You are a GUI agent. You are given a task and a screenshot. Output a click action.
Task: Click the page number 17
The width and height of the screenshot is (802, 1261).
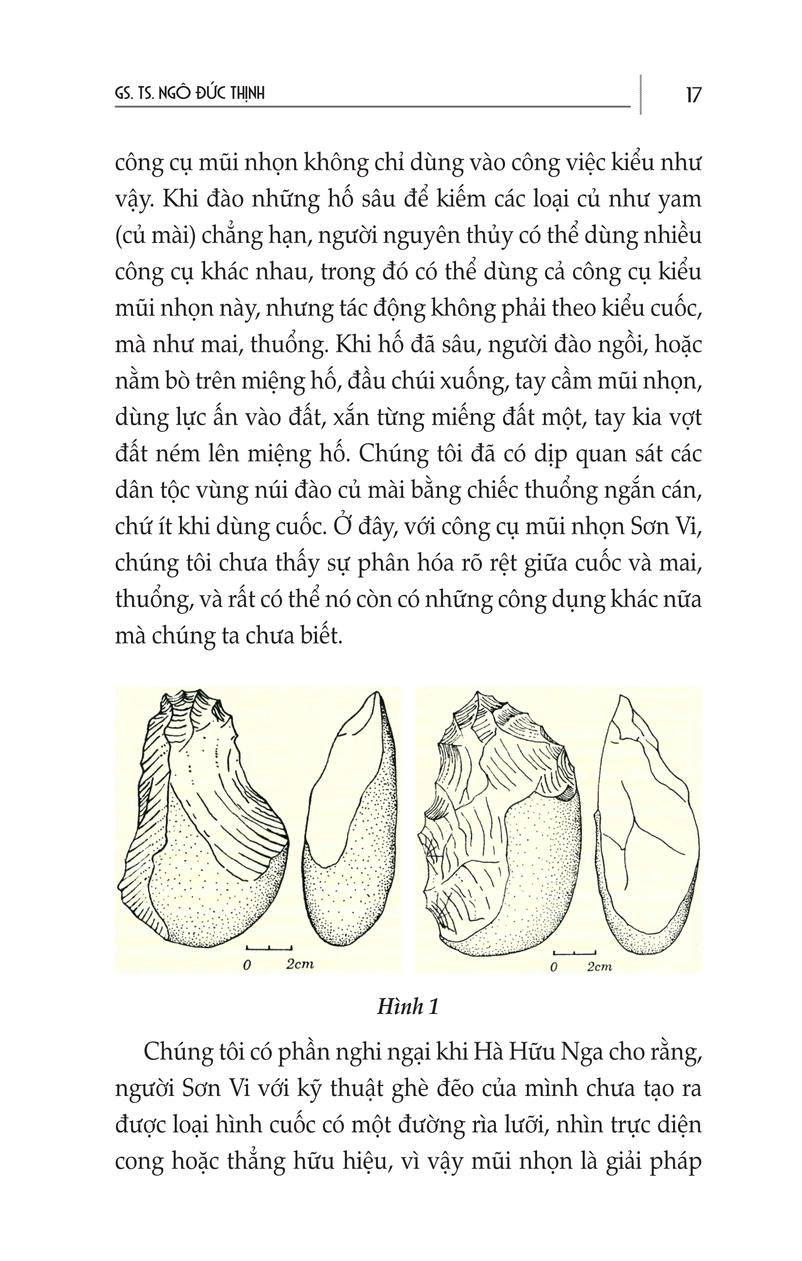693,95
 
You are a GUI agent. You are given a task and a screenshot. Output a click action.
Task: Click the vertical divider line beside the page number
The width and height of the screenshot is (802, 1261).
641,94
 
